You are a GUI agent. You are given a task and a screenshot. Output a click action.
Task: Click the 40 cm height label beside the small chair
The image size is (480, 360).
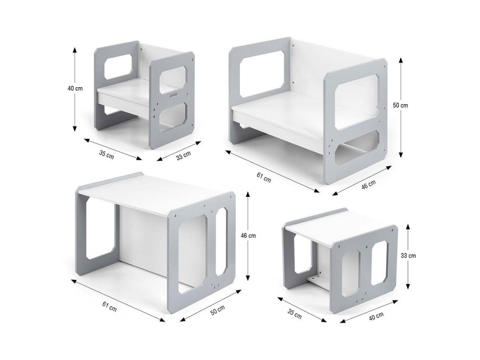[75, 89]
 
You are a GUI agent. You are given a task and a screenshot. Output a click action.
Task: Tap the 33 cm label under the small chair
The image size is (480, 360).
[183, 156]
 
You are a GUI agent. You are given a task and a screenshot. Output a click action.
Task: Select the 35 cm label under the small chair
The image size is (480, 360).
[106, 154]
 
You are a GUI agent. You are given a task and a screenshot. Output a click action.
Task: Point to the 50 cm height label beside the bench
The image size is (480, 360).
[400, 105]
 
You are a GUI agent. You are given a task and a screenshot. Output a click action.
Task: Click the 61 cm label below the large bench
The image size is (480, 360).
[263, 178]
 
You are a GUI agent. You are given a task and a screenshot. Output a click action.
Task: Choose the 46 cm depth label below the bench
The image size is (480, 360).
[368, 185]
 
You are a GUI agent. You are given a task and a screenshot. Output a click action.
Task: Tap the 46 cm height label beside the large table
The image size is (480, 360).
[248, 236]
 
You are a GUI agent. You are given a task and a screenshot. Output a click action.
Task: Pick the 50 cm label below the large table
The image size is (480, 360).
[217, 311]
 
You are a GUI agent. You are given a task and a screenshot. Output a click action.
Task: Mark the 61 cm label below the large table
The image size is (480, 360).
[109, 307]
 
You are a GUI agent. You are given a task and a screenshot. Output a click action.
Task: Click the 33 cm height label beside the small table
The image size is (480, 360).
[408, 255]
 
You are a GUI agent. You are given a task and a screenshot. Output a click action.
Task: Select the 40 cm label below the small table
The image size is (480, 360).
[376, 316]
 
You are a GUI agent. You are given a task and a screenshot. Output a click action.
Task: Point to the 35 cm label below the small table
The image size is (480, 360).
[294, 314]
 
